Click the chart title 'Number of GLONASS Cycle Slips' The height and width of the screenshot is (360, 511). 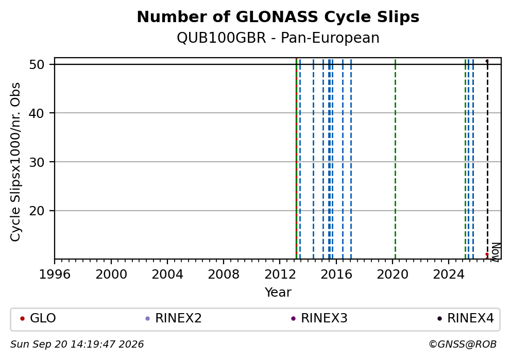point(278,17)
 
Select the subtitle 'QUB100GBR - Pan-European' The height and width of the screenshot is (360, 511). point(278,38)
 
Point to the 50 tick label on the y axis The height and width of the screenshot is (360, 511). point(37,64)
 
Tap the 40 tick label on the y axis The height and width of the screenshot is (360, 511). point(37,113)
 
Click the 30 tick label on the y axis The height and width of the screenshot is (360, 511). point(37,162)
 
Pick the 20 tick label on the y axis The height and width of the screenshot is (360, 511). point(37,211)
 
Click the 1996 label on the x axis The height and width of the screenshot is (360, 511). point(55,275)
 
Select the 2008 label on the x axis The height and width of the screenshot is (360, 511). point(223,275)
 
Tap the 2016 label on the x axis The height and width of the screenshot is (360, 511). point(336,275)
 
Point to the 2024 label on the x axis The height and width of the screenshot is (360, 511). point(449,275)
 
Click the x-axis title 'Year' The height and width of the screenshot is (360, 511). point(278,292)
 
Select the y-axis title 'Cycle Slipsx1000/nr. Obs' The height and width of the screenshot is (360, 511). point(15,162)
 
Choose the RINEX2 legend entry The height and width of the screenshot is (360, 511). point(174,318)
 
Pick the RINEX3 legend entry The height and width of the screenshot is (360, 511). point(319,318)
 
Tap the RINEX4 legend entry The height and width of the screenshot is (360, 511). point(466,318)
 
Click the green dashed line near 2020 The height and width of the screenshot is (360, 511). point(395,159)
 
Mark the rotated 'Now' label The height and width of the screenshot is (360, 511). point(496,251)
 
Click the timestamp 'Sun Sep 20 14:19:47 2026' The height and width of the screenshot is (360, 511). point(77,345)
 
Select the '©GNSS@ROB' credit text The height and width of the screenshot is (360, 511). point(463,345)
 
